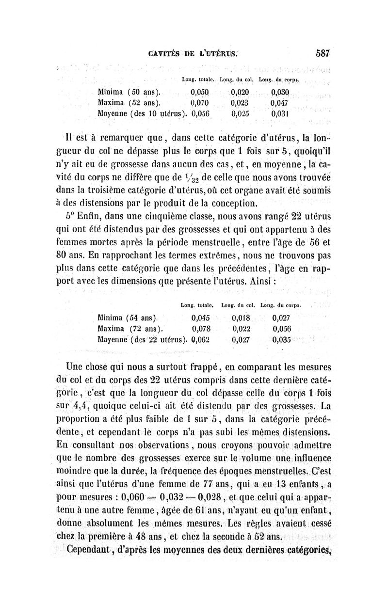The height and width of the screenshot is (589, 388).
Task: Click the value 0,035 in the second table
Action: pyautogui.click(x=281, y=339)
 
